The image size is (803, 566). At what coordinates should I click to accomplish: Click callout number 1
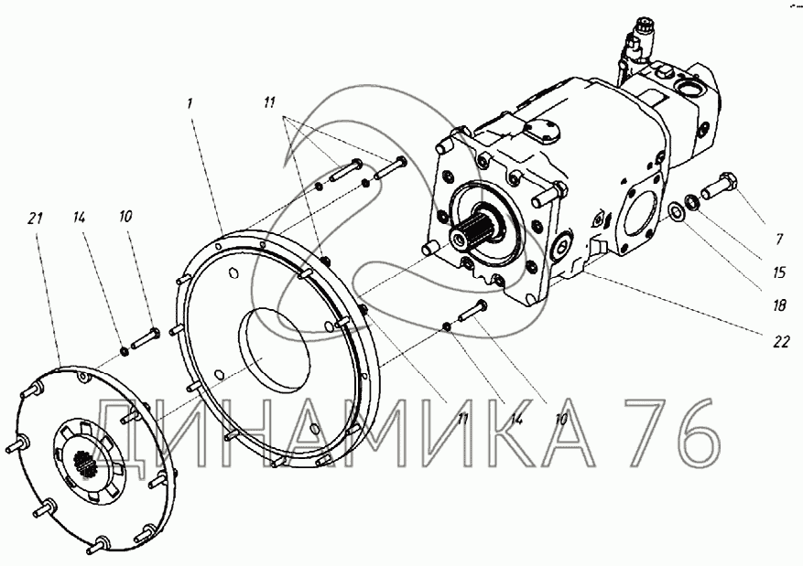point(190,103)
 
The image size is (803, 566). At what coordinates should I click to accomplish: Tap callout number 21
point(34,219)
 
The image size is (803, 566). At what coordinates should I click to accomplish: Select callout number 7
point(779,239)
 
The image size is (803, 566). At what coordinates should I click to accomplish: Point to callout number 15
point(778,272)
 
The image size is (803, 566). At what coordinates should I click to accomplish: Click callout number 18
point(779,305)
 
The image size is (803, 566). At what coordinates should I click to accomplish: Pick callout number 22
point(782,341)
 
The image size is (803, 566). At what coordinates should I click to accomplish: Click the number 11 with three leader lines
point(269,102)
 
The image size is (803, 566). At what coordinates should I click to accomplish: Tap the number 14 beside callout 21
point(79,218)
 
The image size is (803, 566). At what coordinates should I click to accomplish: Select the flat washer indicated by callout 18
point(676,211)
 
